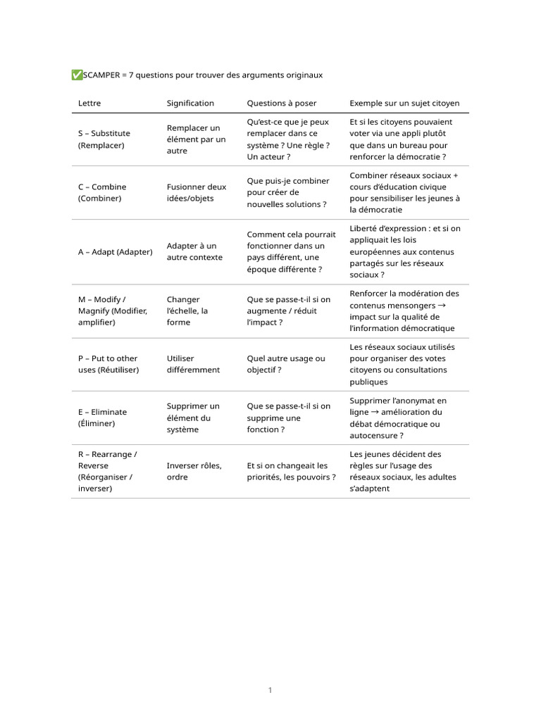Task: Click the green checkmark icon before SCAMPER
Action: (77, 75)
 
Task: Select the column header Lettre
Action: (89, 104)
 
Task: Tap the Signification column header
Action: (190, 104)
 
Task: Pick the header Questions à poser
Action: (282, 104)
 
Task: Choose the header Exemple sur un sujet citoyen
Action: (404, 104)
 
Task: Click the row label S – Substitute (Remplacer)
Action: (104, 139)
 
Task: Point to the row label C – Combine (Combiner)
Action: (102, 192)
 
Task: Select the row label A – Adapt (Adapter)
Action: (115, 251)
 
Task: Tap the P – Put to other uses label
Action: (108, 364)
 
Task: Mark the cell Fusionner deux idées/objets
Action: (197, 192)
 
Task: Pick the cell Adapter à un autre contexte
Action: (194, 251)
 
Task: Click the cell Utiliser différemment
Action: (193, 364)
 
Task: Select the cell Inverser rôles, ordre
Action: (194, 471)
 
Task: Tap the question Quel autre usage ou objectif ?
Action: (286, 364)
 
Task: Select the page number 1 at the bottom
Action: (270, 690)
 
